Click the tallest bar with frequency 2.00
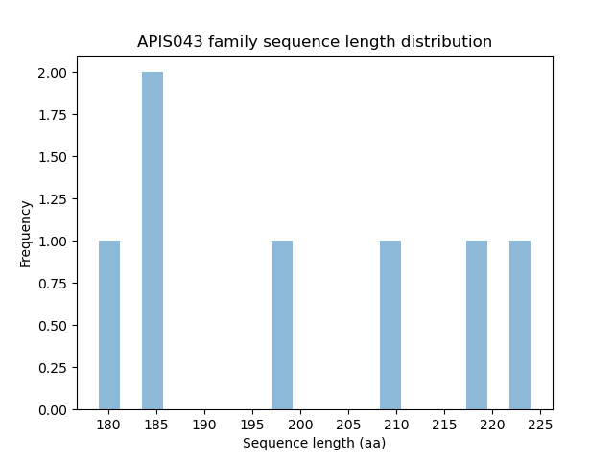click(x=153, y=241)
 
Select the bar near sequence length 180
click(x=109, y=325)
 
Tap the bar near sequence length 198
click(x=282, y=325)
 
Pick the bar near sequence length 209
click(x=390, y=325)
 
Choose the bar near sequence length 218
click(x=477, y=325)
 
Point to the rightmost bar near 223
click(x=520, y=325)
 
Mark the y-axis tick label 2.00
click(x=53, y=73)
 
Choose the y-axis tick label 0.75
click(x=53, y=283)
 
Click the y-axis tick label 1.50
click(x=53, y=157)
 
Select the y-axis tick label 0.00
click(x=53, y=409)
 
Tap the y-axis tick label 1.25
click(x=53, y=199)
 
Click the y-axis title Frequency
click(x=26, y=233)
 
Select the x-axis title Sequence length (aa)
click(x=314, y=443)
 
